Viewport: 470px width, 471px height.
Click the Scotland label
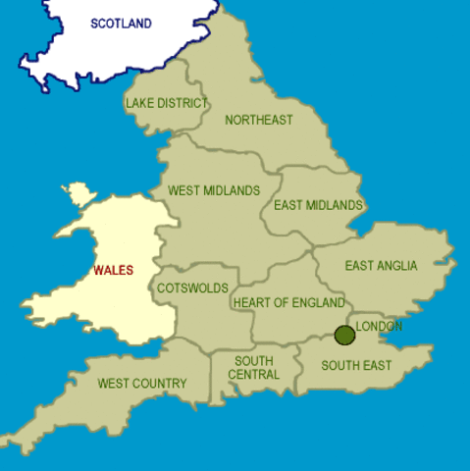(121, 23)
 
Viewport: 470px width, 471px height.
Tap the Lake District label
(167, 102)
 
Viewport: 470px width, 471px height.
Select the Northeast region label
(259, 121)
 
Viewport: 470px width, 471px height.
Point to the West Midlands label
(214, 190)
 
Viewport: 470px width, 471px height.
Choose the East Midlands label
(318, 205)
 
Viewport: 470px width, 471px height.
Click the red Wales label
(114, 270)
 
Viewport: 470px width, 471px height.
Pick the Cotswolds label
(193, 288)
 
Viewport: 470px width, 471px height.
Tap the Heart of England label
(289, 302)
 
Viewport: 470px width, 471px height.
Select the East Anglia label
(381, 266)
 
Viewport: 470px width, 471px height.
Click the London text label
(379, 326)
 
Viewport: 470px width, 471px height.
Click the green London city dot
(344, 336)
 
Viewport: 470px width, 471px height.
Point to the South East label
(357, 366)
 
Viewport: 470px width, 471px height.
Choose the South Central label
(254, 368)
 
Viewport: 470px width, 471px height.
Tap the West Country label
(142, 383)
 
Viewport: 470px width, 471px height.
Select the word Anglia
(397, 266)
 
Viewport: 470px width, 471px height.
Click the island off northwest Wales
(77, 193)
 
